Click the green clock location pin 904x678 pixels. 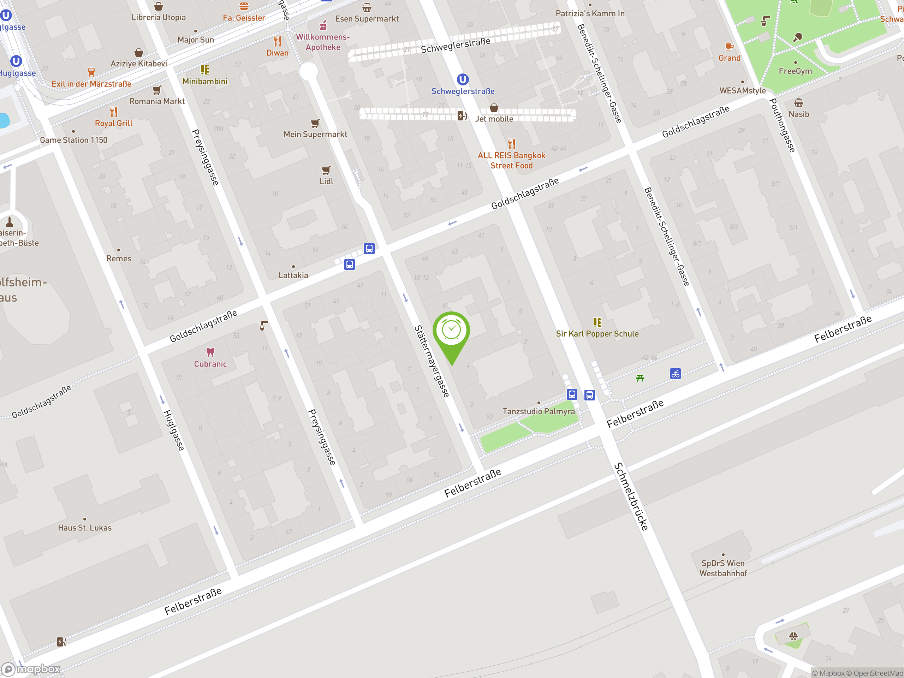(451, 331)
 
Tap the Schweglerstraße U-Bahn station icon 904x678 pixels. (463, 79)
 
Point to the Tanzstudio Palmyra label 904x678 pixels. (539, 411)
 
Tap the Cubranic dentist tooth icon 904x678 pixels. (210, 352)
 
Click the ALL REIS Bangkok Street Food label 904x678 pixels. (511, 161)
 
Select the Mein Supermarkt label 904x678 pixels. (315, 134)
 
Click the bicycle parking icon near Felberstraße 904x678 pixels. (675, 374)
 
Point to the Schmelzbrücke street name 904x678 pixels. (631, 496)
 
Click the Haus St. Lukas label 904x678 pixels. (85, 528)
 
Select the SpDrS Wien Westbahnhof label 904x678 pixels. (723, 568)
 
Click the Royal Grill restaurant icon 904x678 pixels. (114, 112)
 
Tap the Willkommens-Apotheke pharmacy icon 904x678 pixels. (323, 26)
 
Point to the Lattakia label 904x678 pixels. (293, 275)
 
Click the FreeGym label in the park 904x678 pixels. (795, 71)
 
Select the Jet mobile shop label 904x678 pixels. (494, 119)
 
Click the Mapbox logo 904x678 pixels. (31, 669)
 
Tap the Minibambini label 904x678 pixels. (205, 81)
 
